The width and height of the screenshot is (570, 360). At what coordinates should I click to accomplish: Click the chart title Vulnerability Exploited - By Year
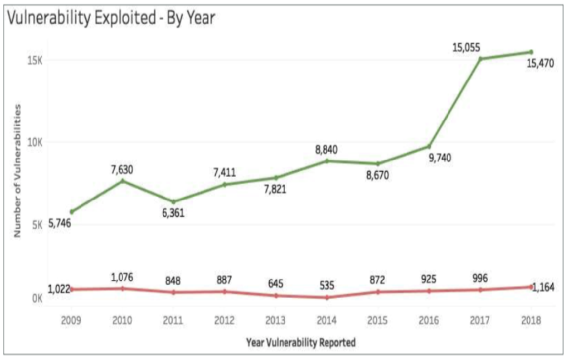coord(111,18)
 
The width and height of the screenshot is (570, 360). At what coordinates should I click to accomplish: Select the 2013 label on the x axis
coord(275,320)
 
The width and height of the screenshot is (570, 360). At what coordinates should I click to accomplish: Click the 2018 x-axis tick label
coord(531,320)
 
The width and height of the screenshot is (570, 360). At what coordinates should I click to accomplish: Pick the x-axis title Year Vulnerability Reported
coord(301,342)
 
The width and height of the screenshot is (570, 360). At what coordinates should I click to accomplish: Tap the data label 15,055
coord(467,48)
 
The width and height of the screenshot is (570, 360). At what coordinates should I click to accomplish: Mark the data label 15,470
coord(540,63)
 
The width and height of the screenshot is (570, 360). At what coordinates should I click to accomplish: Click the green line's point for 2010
coord(122,181)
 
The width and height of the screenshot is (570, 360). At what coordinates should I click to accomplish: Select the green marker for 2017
coord(480,59)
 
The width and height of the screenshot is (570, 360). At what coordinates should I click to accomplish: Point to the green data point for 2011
coord(173,201)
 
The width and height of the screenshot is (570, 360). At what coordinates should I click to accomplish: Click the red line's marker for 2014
coord(326,297)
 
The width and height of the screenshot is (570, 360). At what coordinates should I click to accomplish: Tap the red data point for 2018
coord(531,286)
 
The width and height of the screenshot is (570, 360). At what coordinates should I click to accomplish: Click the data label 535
coord(326,285)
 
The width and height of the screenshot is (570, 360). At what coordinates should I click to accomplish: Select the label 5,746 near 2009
coord(59,223)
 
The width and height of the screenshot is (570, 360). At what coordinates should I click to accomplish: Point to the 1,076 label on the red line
coord(122,277)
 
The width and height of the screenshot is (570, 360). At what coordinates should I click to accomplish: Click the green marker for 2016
coord(429,146)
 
